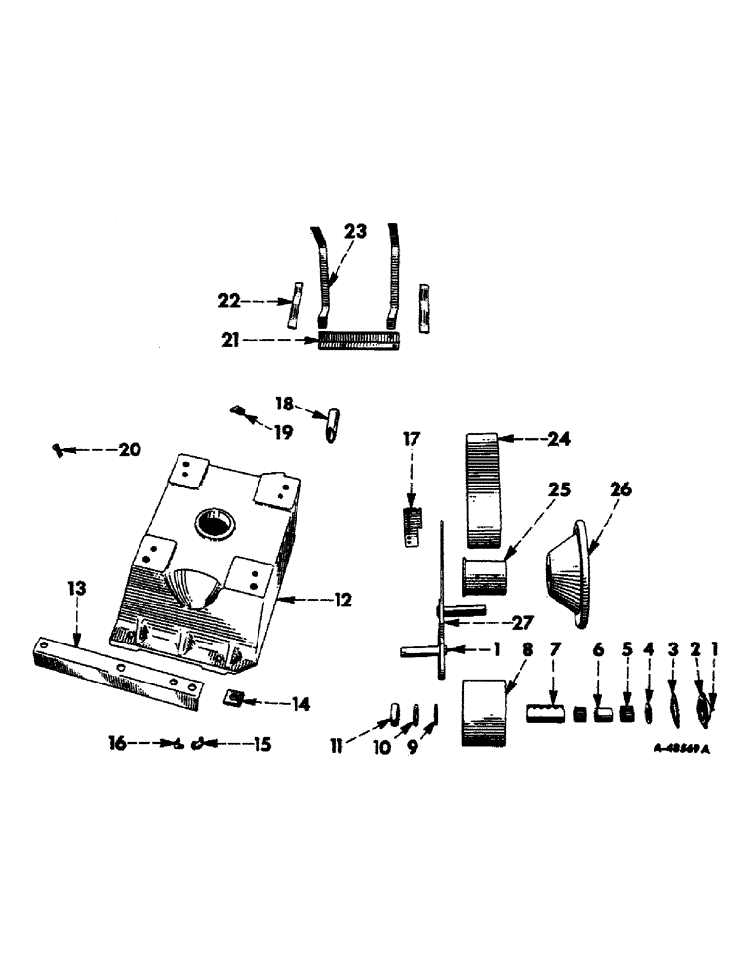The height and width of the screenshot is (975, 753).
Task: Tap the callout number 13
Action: click(x=77, y=589)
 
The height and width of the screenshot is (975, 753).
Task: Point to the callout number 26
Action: click(x=620, y=489)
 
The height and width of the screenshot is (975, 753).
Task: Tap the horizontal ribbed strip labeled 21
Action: click(x=358, y=342)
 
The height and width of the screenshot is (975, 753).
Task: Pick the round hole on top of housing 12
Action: click(x=214, y=525)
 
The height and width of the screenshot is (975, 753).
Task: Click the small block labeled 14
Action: click(x=233, y=698)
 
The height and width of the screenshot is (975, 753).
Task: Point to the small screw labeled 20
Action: click(x=58, y=449)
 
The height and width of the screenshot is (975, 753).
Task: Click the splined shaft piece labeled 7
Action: click(x=546, y=715)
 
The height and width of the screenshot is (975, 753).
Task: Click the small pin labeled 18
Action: click(x=332, y=426)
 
